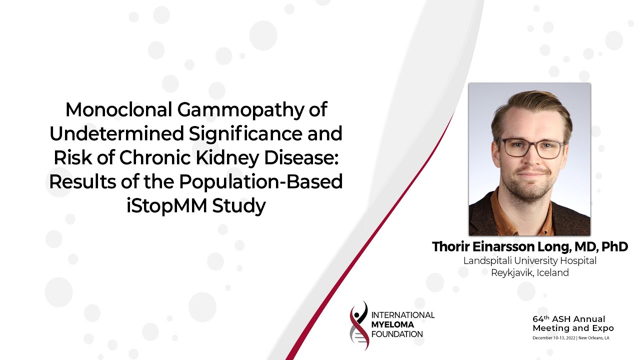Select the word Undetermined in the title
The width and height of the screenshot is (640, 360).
(111, 134)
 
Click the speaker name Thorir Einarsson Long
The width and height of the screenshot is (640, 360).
(503, 246)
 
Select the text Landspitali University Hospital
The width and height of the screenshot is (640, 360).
(529, 260)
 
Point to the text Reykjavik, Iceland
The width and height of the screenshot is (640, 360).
(529, 273)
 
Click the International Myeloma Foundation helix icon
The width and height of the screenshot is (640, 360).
(359, 325)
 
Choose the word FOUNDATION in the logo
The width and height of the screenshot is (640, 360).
(397, 334)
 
